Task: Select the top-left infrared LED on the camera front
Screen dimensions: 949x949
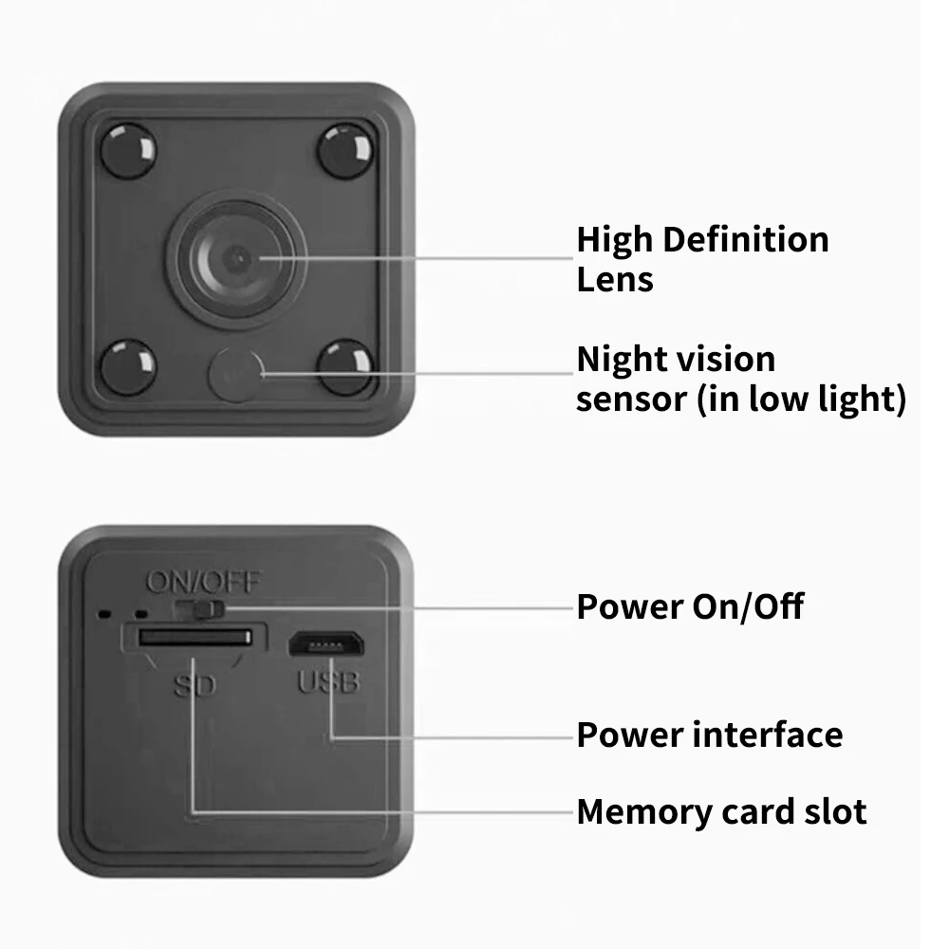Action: (127, 150)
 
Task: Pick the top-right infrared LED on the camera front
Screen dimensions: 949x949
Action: (344, 150)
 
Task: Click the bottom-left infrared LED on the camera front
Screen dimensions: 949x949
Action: (127, 367)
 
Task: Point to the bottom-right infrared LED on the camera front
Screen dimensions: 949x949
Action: (344, 367)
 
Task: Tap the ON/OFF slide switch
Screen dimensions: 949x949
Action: (204, 606)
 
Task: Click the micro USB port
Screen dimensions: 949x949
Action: (325, 644)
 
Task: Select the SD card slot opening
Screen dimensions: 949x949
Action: (195, 638)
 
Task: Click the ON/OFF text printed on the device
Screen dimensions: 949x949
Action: (202, 582)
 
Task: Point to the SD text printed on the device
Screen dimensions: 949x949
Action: (195, 683)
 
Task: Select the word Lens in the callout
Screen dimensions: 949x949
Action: (615, 280)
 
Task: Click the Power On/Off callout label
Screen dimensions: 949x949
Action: (690, 606)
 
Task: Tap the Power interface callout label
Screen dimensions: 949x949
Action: (709, 735)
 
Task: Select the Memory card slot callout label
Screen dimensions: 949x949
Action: (721, 812)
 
